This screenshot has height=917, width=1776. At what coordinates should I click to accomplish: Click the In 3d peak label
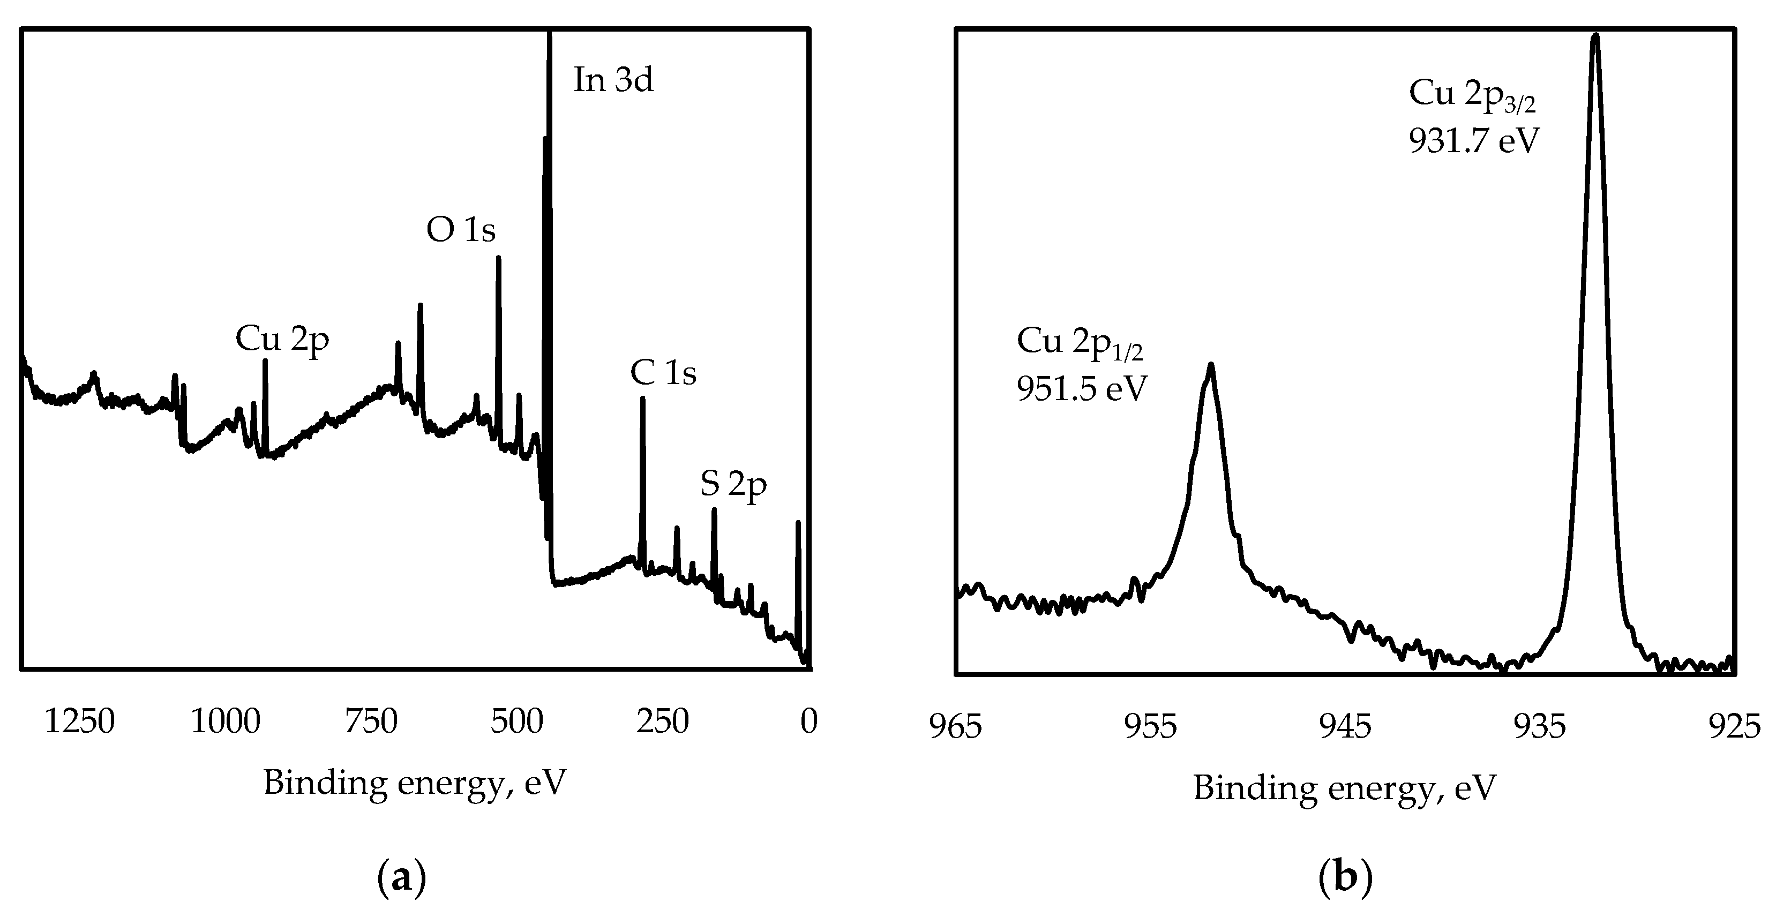[x=613, y=80]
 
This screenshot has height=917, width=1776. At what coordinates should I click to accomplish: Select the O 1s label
[x=461, y=230]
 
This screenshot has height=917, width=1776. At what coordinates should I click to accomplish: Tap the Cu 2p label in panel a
[x=282, y=339]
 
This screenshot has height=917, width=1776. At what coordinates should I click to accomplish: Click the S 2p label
[x=733, y=484]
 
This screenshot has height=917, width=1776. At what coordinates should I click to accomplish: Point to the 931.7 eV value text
[x=1474, y=141]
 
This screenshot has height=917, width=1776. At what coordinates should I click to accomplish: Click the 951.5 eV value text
[x=1082, y=389]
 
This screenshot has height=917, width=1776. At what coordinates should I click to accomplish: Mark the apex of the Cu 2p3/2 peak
[x=1595, y=36]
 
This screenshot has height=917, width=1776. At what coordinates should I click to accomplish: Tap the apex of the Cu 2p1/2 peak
[x=1211, y=365]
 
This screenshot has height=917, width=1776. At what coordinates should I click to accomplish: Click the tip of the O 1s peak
[x=498, y=258]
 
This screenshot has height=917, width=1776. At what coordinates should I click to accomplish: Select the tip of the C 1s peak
[x=642, y=399]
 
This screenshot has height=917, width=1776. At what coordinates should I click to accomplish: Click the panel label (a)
[x=402, y=879]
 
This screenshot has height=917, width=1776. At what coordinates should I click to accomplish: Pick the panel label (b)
[x=1345, y=879]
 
